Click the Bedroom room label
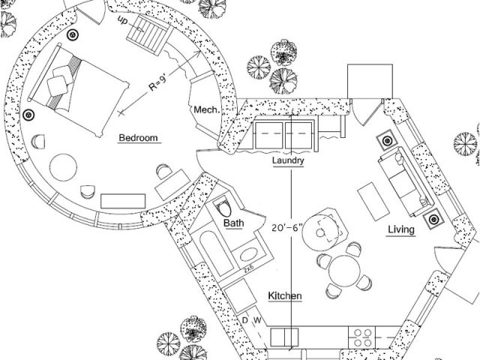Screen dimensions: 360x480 (139, 138)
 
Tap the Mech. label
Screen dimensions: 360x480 (206, 110)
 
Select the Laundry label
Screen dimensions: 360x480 (287, 160)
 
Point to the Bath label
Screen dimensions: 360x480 (232, 223)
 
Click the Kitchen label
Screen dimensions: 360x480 (285, 296)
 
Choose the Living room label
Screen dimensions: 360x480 (400, 229)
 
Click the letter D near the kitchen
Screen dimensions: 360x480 (243, 321)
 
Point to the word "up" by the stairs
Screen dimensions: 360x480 (122, 22)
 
